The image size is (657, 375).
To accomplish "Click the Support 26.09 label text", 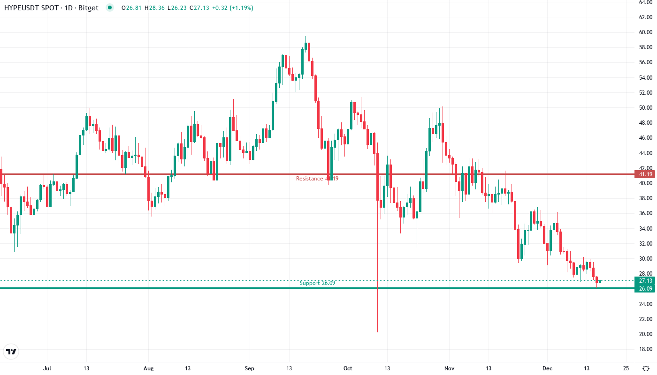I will (x=317, y=283).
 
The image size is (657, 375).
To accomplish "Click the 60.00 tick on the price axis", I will (x=646, y=32).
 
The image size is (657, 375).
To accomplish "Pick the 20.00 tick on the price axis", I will (x=646, y=334).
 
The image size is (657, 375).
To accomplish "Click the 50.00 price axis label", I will (x=646, y=108).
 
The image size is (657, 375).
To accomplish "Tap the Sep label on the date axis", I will (x=250, y=368).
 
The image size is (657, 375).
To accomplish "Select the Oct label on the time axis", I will (x=348, y=368).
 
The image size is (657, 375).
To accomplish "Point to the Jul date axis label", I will (x=46, y=368).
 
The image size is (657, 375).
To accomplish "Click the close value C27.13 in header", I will (x=199, y=8).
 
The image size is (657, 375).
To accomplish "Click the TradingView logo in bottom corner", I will (x=11, y=352).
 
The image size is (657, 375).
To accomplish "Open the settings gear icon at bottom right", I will (x=645, y=368).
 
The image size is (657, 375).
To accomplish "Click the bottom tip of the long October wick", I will (x=377, y=332).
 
